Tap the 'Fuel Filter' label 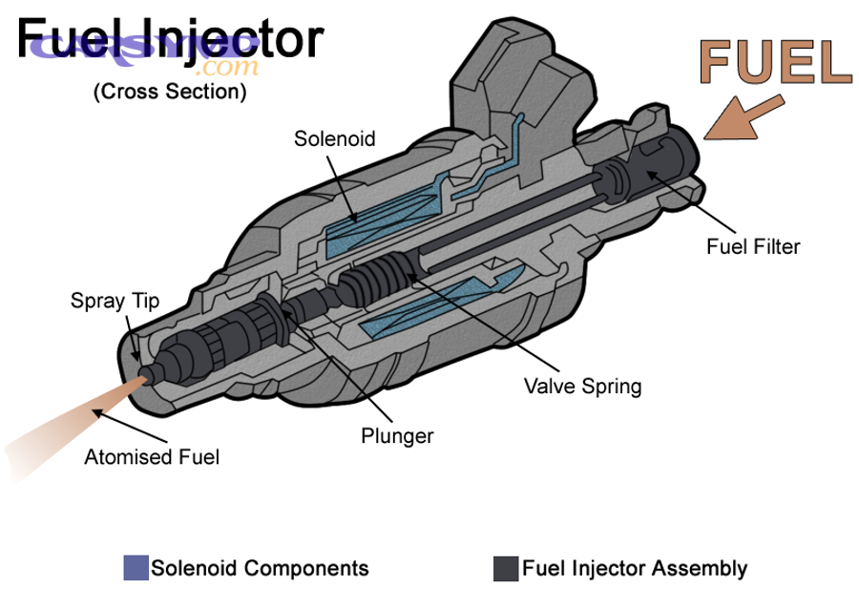pyautogui.click(x=752, y=246)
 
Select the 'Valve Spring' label pyautogui.click(x=583, y=387)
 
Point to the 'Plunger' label pyautogui.click(x=397, y=436)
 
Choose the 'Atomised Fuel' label pyautogui.click(x=152, y=456)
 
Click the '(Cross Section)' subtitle pyautogui.click(x=170, y=93)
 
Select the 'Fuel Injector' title pyautogui.click(x=170, y=40)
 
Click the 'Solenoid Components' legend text pyautogui.click(x=260, y=569)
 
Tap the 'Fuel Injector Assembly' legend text pyautogui.click(x=635, y=569)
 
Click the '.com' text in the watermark pyautogui.click(x=229, y=68)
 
